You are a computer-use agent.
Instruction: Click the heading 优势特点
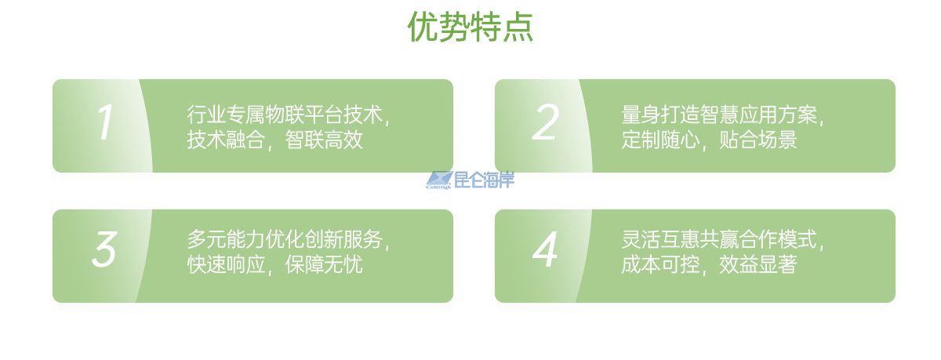coord(470,27)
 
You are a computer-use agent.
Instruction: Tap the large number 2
coord(545,122)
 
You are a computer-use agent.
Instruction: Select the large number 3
coord(104,249)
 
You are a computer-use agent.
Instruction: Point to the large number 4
coord(545,249)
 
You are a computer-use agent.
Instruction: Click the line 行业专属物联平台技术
coord(285,115)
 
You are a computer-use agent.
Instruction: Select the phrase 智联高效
coord(324,140)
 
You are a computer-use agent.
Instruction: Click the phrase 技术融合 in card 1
coord(226,140)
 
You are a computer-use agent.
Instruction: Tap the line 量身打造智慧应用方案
coord(719,115)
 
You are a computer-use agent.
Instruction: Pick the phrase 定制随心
coord(660,140)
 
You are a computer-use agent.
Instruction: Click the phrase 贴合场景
coord(758,140)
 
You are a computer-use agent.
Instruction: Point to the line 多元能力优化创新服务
coord(285,239)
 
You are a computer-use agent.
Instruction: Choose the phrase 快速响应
coord(226,264)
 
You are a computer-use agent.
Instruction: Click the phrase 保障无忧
coord(324,264)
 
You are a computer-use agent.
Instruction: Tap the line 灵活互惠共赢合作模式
coord(719,239)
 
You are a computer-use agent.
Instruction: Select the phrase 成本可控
coord(660,264)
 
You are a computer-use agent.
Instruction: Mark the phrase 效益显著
coord(758,264)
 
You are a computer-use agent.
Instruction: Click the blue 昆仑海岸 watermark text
coord(485,180)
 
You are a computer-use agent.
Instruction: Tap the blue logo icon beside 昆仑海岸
coord(439,180)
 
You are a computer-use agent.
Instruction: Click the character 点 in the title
coord(518,27)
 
